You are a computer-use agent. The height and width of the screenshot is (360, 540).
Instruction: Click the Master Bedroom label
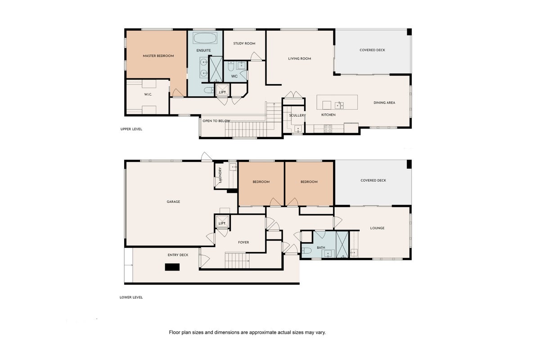(x=158, y=56)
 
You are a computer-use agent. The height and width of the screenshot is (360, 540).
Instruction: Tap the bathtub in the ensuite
(x=205, y=38)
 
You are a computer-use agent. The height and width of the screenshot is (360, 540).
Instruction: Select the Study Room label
(x=244, y=43)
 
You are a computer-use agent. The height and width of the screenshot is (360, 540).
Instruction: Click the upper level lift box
(x=222, y=90)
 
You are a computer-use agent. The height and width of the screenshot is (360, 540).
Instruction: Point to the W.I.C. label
(x=148, y=94)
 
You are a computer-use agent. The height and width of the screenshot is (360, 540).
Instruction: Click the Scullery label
(x=297, y=116)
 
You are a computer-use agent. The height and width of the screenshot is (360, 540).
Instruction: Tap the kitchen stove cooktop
(x=328, y=129)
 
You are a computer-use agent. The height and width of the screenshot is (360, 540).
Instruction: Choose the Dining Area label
(x=384, y=103)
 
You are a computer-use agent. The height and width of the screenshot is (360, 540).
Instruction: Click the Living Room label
(x=300, y=58)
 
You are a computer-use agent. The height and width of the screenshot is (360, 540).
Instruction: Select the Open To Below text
(x=216, y=121)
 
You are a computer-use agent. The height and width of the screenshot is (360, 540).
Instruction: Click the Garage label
(x=173, y=202)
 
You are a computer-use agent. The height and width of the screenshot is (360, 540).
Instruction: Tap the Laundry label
(x=220, y=175)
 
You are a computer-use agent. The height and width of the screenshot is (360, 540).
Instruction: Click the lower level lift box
(x=222, y=221)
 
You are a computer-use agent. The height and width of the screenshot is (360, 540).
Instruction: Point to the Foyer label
(x=243, y=243)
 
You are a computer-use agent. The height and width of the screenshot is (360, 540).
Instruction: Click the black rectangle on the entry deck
(x=172, y=267)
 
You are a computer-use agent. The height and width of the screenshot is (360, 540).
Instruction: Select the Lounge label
(x=377, y=228)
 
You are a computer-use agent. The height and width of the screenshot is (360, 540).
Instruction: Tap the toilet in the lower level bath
(x=306, y=250)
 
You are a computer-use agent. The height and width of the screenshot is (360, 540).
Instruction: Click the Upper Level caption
(x=131, y=129)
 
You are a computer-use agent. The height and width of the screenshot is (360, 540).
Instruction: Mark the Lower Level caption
(x=131, y=297)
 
